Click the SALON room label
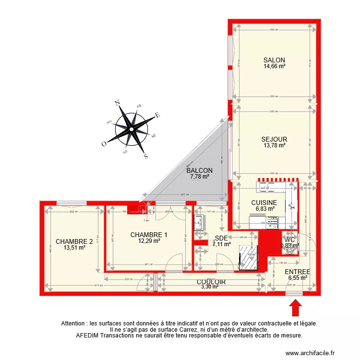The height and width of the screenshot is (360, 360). tap(274, 60)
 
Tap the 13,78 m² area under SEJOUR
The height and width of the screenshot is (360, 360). tap(275, 145)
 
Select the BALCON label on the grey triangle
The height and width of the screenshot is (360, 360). tap(200, 170)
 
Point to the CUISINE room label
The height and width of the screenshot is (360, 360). tap(264, 203)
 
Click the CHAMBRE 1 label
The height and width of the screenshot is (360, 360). tap(149, 235)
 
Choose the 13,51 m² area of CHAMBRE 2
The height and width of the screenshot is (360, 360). tap(74, 248)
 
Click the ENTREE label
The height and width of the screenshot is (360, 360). tap(298, 272)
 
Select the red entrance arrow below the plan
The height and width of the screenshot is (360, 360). tap(296, 307)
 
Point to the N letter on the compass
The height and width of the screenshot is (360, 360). tap(117, 102)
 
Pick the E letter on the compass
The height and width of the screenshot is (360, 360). tap(157, 115)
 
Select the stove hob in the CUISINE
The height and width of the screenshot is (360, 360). tap(274, 221)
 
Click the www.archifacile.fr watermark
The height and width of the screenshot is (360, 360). tap(312, 352)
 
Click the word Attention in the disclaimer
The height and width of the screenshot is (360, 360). tap(74, 324)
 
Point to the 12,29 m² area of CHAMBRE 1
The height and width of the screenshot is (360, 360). tap(149, 241)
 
